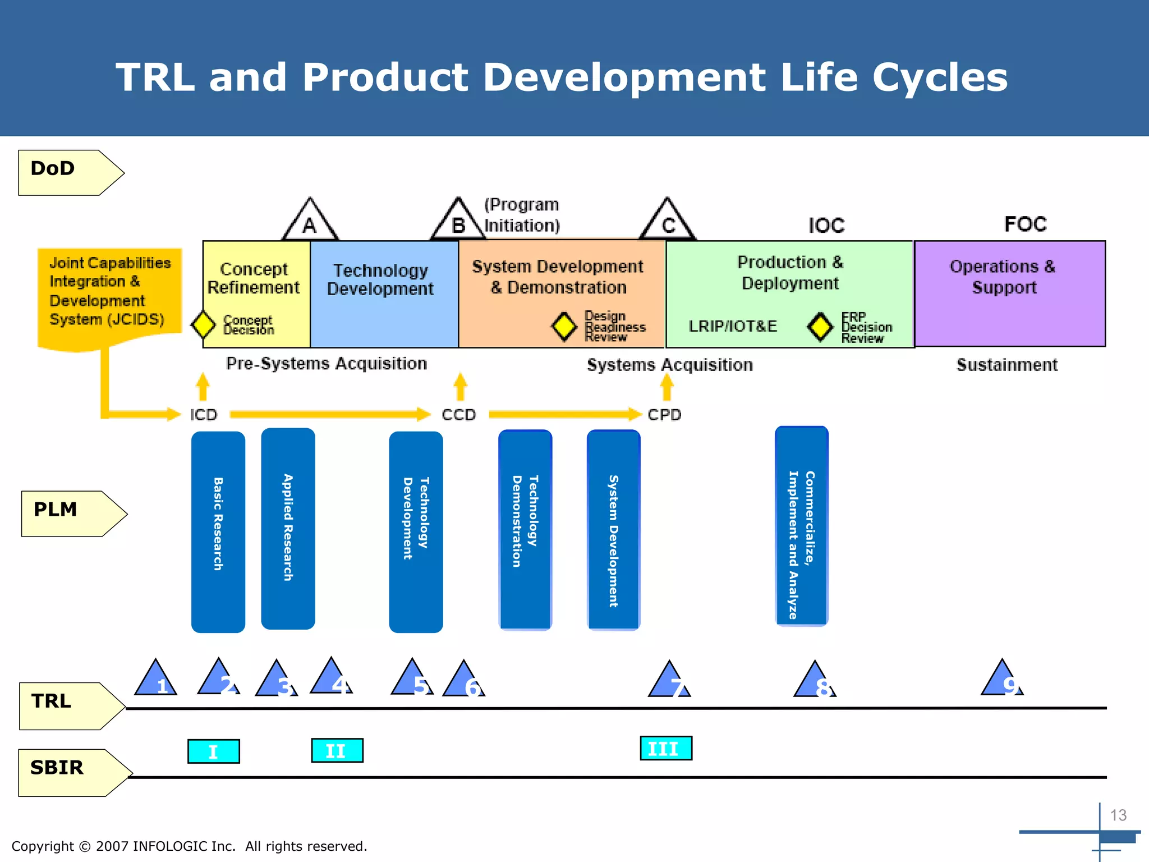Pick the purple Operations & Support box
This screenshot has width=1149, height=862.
click(1009, 293)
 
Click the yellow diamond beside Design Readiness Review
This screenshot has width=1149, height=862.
click(564, 326)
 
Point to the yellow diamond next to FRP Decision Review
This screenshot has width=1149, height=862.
click(820, 327)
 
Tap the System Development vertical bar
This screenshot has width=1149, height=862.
click(613, 530)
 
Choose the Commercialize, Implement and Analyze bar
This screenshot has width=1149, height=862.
click(801, 526)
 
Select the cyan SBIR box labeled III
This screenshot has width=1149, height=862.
click(666, 748)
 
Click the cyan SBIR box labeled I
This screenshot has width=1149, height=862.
click(213, 751)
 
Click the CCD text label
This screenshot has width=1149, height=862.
click(458, 415)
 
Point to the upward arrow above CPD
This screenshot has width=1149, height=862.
click(667, 387)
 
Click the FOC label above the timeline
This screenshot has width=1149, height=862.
click(1025, 224)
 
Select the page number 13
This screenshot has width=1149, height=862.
click(1118, 815)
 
